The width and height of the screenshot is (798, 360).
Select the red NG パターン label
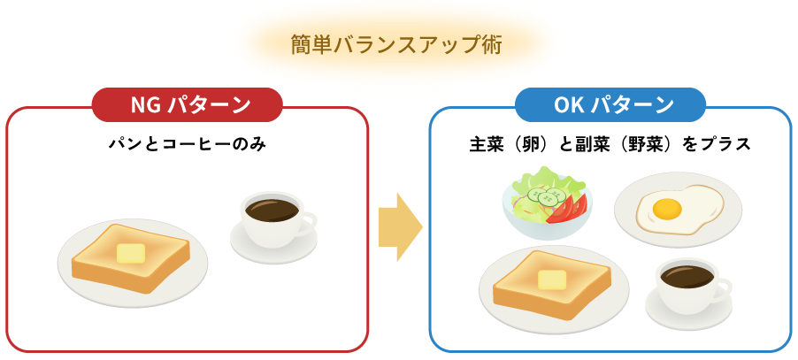pyautogui.click(x=188, y=105)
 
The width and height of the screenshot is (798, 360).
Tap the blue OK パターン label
pyautogui.click(x=610, y=105)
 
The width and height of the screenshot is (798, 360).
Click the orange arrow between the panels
pyautogui.click(x=399, y=227)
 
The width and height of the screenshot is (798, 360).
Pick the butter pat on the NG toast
pyautogui.click(x=131, y=253)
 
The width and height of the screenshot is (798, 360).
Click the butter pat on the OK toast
pyautogui.click(x=552, y=280)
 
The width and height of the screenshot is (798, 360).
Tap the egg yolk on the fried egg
pyautogui.click(x=666, y=210)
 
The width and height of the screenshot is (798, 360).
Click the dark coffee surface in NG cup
pyautogui.click(x=271, y=210)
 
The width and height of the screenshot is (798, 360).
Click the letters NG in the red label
pyautogui.click(x=144, y=105)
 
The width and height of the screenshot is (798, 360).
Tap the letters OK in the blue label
pyautogui.click(x=567, y=105)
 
